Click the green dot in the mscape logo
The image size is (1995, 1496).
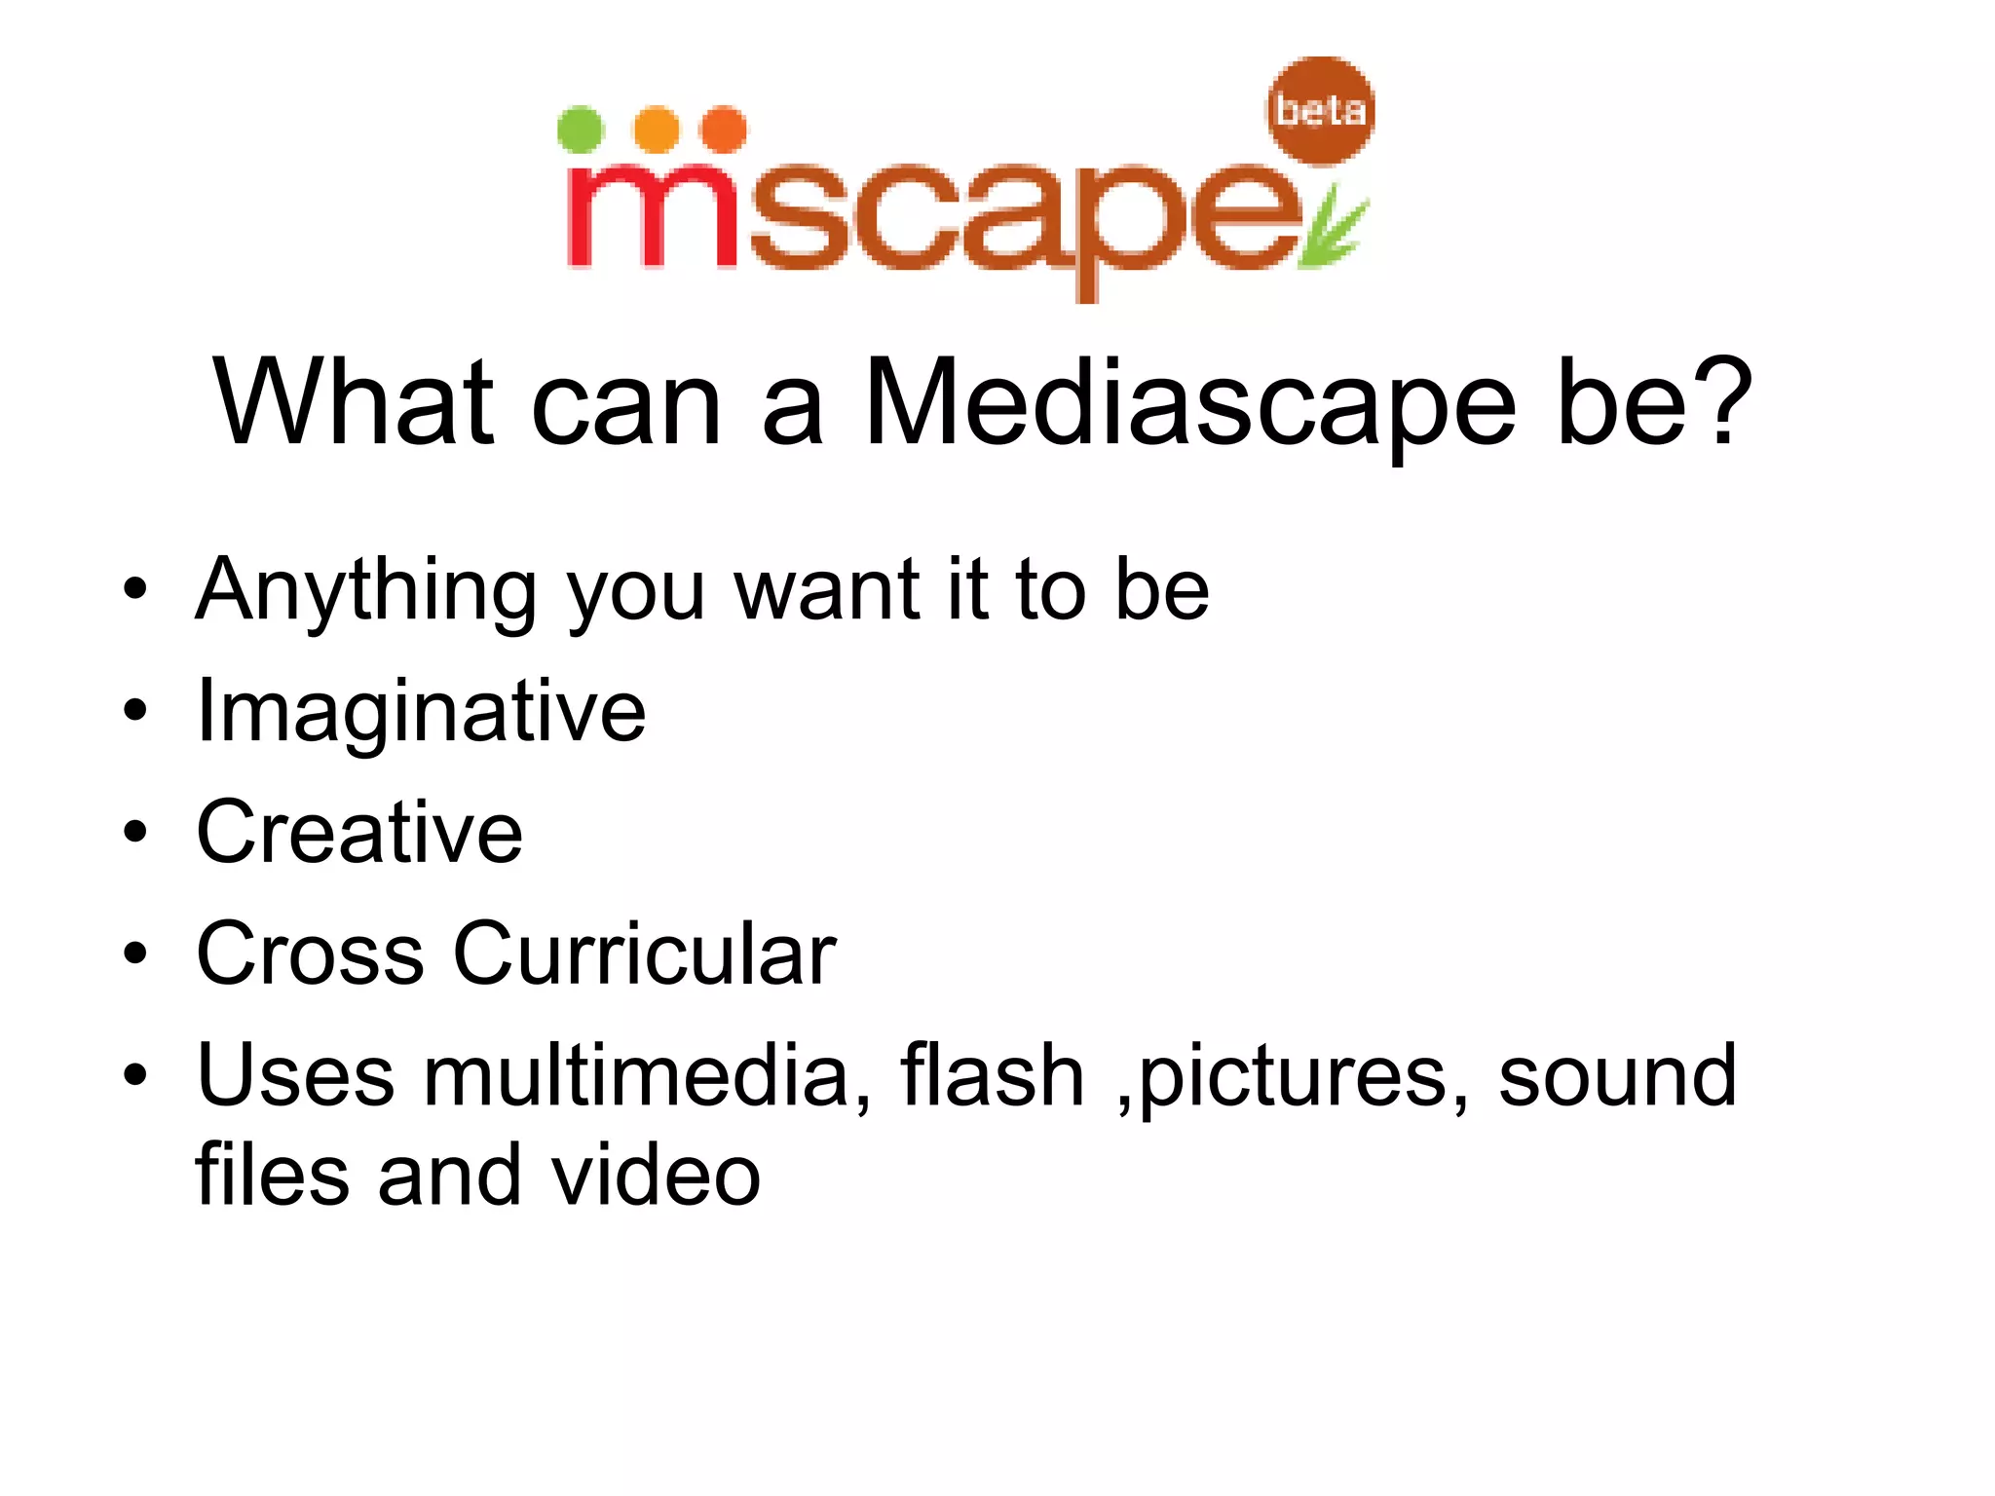coord(581,130)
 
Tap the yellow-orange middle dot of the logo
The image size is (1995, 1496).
coord(657,130)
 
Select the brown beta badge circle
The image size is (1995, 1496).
coord(1321,110)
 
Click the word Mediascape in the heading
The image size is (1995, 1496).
coord(1189,403)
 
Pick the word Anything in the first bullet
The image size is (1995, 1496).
coord(365,591)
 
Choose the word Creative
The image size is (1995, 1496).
coord(359,832)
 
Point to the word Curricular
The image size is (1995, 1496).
coord(644,954)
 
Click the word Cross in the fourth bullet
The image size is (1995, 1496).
coord(310,954)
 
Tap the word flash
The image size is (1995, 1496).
coord(992,1075)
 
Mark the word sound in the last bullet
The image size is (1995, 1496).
coord(1617,1075)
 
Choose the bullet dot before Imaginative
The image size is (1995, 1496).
coord(135,711)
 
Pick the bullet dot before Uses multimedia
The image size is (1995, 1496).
coord(135,1075)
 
